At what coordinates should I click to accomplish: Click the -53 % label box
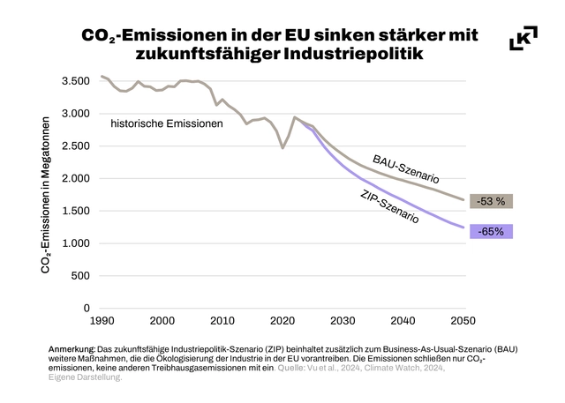(492, 201)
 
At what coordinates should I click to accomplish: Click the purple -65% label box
(492, 232)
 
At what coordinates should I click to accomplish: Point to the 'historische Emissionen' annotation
(167, 124)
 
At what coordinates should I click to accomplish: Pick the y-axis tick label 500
(79, 275)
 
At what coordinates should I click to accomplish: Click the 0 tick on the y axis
(87, 308)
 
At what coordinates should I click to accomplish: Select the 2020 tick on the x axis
(282, 320)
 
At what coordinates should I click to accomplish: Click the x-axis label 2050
(463, 320)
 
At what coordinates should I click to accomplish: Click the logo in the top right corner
(524, 38)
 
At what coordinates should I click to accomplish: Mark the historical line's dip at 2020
(282, 147)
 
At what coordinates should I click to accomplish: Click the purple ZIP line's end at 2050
(463, 228)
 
